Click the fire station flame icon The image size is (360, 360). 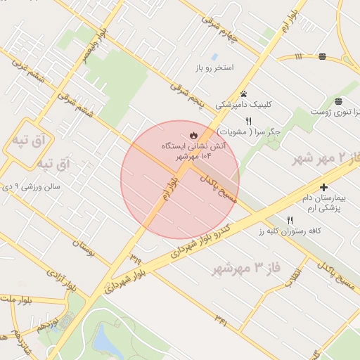(x=193, y=135)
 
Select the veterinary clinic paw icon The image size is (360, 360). (x=243, y=94)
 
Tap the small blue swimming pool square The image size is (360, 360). (x=214, y=56)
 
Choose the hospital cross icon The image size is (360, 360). (x=323, y=187)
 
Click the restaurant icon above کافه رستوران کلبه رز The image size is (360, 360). (x=290, y=220)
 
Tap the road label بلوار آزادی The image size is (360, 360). (x=79, y=281)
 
